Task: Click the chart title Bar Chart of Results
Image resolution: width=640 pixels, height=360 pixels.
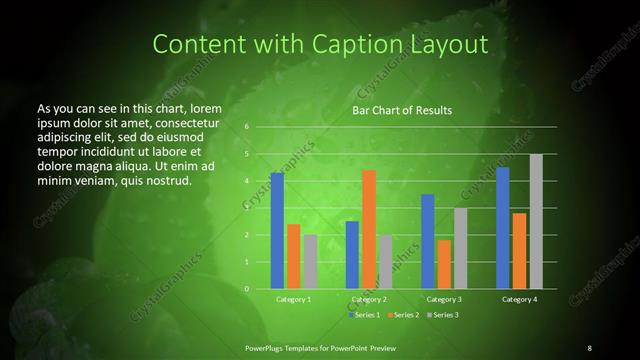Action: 402,110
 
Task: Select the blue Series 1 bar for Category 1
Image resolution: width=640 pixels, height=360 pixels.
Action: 277,230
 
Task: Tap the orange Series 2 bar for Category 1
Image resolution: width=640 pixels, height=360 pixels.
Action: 293,256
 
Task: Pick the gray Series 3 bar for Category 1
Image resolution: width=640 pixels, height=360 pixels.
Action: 310,261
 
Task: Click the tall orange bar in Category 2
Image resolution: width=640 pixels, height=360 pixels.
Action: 369,229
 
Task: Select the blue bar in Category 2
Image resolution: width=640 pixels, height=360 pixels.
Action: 352,254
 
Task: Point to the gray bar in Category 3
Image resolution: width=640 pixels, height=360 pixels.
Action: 460,248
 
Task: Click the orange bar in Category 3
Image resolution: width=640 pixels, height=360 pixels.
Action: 444,264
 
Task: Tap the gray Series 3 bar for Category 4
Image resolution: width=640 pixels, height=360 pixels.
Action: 536,221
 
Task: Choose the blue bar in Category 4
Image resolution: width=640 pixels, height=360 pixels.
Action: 503,227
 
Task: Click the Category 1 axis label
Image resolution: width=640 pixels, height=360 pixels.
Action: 294,299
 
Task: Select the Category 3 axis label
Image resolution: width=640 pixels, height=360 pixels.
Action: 444,299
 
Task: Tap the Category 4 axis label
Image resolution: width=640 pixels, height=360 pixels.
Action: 519,299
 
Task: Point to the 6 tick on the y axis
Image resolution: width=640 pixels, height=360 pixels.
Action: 246,127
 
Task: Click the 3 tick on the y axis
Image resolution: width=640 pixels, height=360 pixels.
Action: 246,208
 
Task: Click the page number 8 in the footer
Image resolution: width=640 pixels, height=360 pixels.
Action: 589,347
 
